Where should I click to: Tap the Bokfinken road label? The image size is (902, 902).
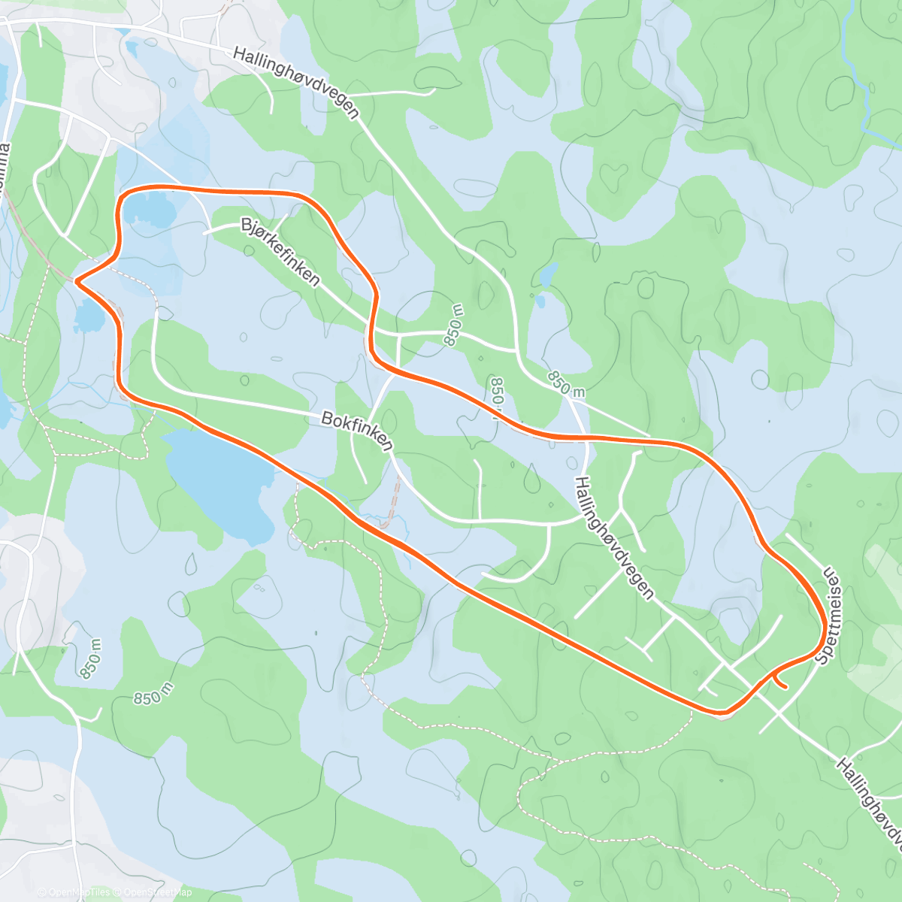point(357,431)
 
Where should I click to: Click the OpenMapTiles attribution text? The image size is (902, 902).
point(74,892)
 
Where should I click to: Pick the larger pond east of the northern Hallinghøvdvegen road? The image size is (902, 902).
point(548,274)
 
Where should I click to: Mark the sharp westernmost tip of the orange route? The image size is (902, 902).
point(76,283)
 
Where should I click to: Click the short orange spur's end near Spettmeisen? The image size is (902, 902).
point(785,686)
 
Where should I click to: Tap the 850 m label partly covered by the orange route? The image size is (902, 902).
point(496,397)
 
